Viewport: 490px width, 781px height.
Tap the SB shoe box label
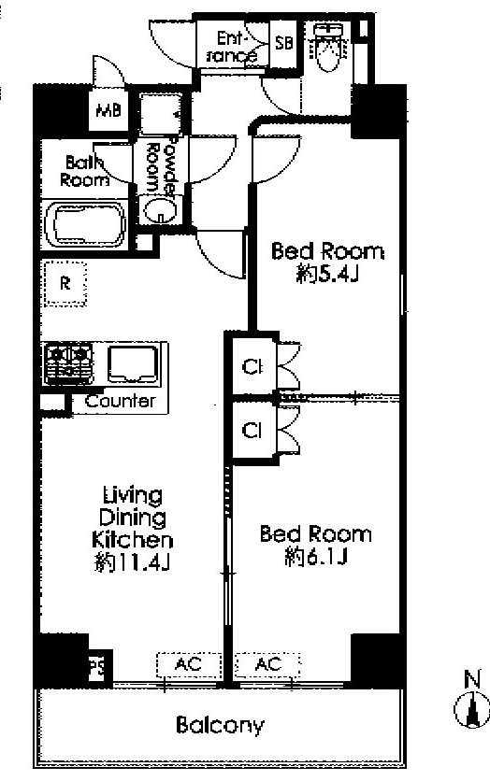tap(284, 43)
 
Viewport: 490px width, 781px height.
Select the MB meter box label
tap(108, 109)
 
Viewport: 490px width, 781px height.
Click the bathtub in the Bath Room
tap(85, 224)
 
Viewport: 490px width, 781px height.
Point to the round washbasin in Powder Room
tap(159, 209)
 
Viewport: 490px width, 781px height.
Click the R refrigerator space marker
tap(65, 283)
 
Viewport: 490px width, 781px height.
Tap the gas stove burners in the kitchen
tap(69, 363)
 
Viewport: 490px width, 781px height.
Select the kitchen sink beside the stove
tap(133, 364)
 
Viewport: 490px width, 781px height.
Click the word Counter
tap(120, 401)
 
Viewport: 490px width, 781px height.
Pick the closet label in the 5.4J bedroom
tap(252, 367)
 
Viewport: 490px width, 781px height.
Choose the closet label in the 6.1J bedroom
tap(252, 430)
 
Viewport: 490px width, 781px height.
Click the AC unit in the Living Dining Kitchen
tap(189, 665)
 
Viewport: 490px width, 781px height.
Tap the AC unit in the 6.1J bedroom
tap(267, 665)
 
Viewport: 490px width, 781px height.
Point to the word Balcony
tap(220, 725)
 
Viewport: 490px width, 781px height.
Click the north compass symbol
tap(471, 703)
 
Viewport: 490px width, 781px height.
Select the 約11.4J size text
tap(133, 562)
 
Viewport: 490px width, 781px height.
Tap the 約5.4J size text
tap(327, 274)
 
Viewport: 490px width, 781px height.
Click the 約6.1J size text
tap(316, 557)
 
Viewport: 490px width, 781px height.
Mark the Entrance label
tap(231, 47)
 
